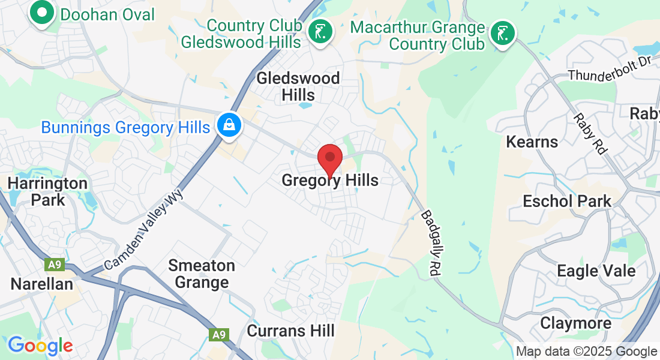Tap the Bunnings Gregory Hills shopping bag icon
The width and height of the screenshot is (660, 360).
(x=229, y=126)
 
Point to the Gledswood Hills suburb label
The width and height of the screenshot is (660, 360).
(x=298, y=86)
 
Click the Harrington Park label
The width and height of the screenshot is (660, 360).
(x=47, y=191)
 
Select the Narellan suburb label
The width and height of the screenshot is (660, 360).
(x=41, y=283)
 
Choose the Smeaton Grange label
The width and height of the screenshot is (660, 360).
(x=202, y=274)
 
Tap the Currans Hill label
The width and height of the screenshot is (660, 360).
(x=290, y=330)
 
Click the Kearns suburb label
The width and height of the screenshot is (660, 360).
(x=532, y=142)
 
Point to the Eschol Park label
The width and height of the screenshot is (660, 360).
(x=567, y=201)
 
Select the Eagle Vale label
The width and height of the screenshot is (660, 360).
(x=596, y=271)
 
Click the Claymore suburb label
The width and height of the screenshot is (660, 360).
(x=575, y=323)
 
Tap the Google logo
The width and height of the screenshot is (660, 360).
(x=40, y=345)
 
